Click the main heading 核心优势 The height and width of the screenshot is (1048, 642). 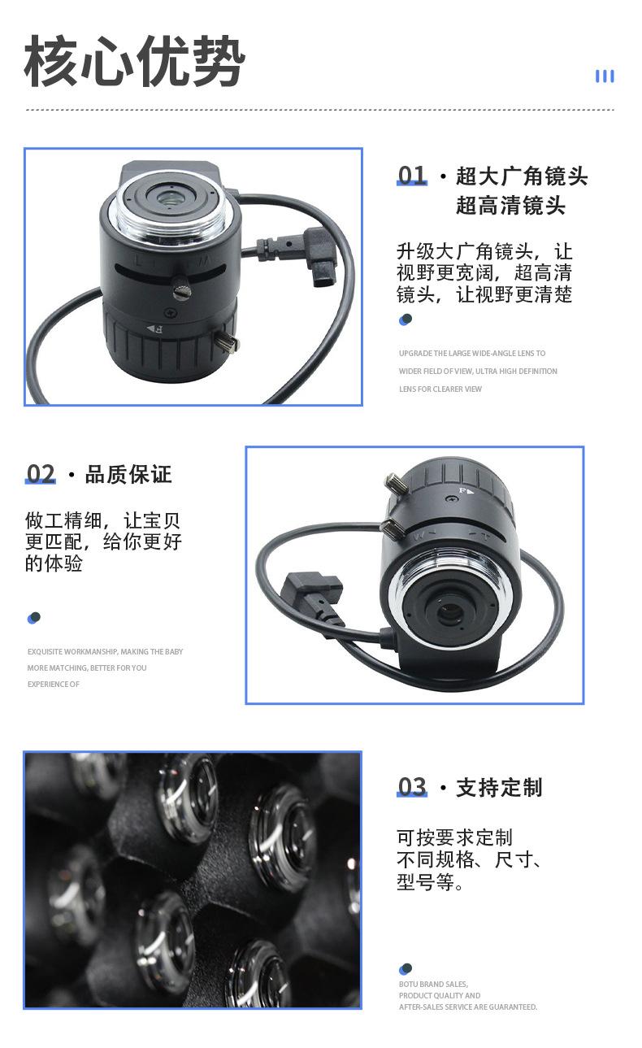tap(134, 63)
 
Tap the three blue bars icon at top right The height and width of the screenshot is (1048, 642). tap(604, 76)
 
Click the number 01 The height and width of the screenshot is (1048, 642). tap(411, 176)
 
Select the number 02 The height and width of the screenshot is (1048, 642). tap(41, 474)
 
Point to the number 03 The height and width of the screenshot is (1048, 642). tap(411, 787)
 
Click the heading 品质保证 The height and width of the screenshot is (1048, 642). tap(128, 475)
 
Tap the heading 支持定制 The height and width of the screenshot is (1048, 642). tap(498, 788)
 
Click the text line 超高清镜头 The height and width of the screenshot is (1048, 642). tap(510, 206)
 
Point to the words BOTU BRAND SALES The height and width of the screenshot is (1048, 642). tap(433, 984)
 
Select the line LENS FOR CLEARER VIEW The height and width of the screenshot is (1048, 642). tap(440, 389)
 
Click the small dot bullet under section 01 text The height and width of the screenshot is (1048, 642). tap(406, 320)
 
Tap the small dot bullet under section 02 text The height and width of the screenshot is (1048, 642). tap(33, 618)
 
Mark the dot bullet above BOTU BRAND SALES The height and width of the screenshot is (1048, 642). tap(406, 969)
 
